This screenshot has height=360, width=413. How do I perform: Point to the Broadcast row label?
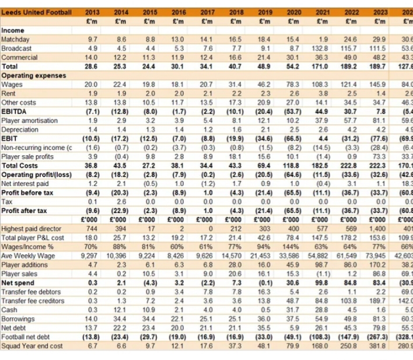[x=17, y=47]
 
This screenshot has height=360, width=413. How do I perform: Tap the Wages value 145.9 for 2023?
[x=379, y=85]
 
